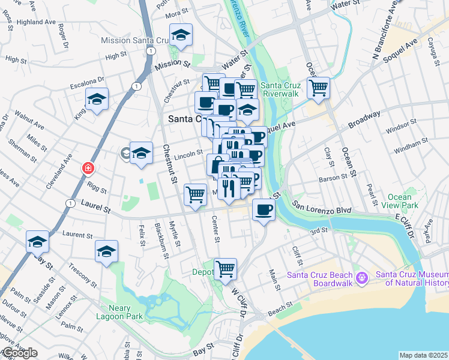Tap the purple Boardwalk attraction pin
361,278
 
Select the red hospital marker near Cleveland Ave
88,168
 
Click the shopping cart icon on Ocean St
318,88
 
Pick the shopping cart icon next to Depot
225,269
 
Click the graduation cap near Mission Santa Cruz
180,35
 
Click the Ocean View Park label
399,201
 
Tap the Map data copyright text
424,355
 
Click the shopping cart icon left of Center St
195,194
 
